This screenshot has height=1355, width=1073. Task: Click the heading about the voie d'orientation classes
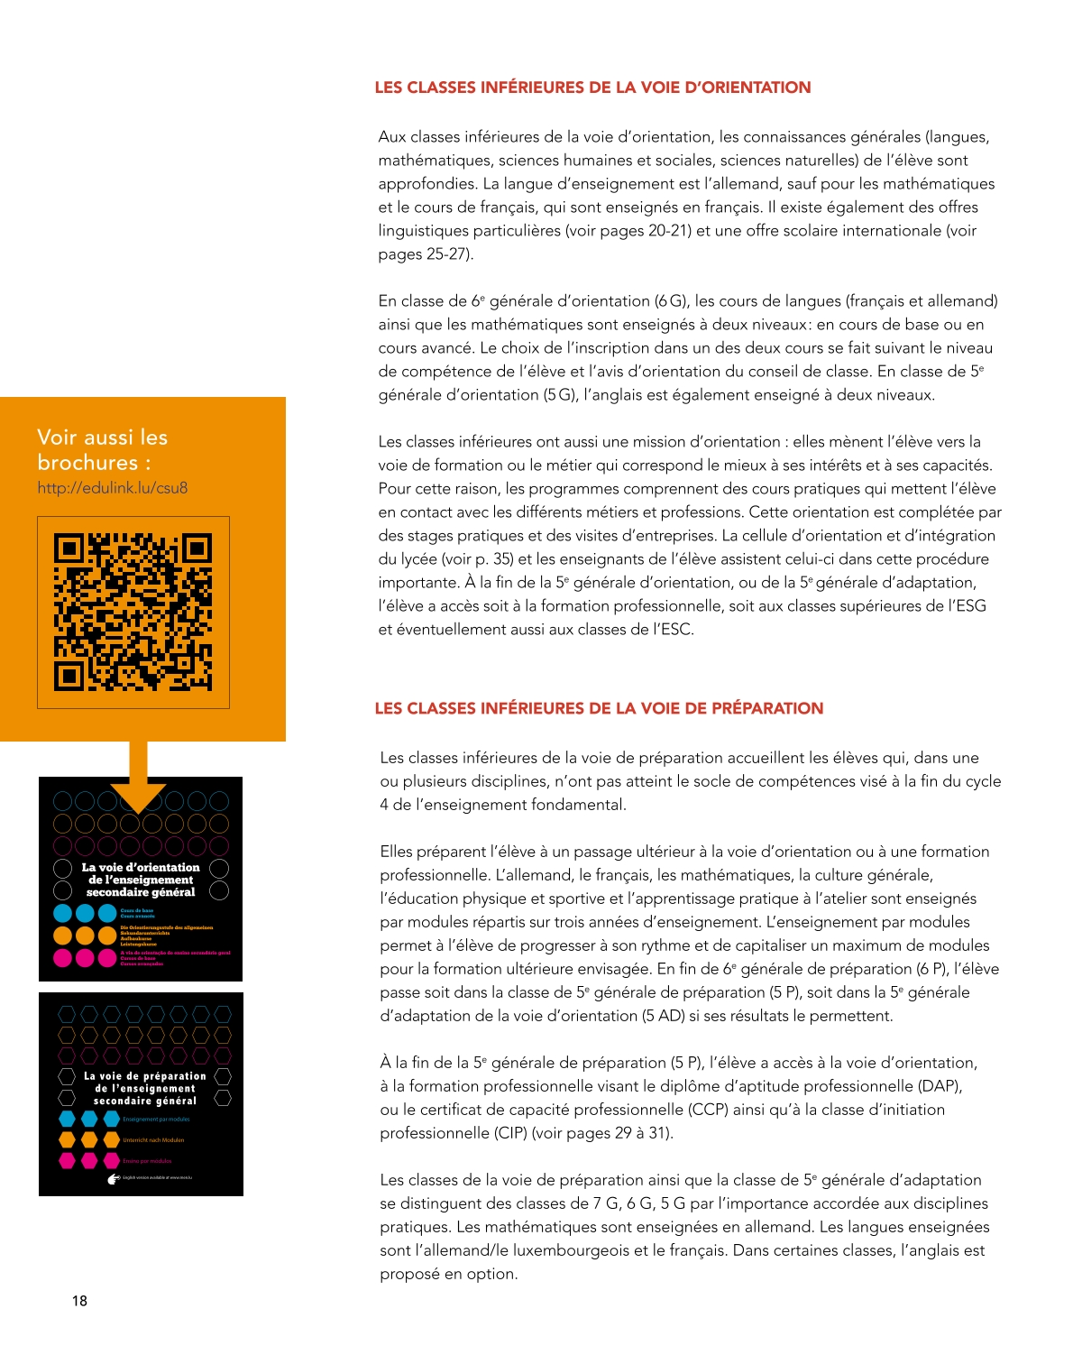click(x=592, y=88)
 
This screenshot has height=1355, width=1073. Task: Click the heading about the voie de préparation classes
click(x=599, y=708)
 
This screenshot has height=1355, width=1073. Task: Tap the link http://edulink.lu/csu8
click(x=113, y=488)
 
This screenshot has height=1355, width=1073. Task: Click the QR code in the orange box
click(x=133, y=613)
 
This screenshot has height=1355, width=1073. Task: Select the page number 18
click(x=79, y=1300)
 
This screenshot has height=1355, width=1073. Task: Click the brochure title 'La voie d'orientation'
click(x=141, y=880)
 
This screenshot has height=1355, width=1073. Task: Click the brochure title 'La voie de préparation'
click(x=145, y=1088)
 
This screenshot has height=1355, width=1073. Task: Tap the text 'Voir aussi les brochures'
click(x=102, y=449)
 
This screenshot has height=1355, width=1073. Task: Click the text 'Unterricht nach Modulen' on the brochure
click(x=153, y=1140)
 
